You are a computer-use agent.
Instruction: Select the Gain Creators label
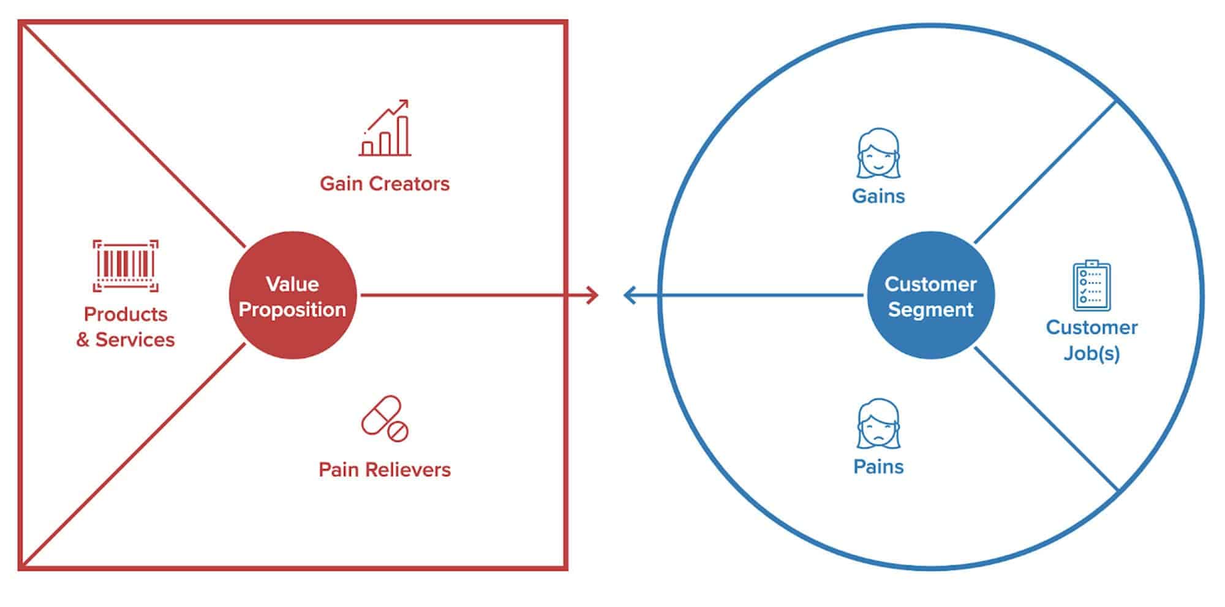(385, 183)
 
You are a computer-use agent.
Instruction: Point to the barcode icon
(126, 265)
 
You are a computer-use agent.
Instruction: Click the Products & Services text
(126, 327)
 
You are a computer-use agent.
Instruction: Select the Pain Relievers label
(385, 470)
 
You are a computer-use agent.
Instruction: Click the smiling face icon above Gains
(878, 153)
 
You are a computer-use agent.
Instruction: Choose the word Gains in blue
(878, 196)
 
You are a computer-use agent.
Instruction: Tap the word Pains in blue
(878, 467)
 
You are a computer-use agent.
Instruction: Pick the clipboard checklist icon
(1091, 286)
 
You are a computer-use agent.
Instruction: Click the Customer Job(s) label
(1091, 340)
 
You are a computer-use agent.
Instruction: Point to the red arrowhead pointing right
(592, 295)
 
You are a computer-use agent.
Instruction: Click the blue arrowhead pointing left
(630, 295)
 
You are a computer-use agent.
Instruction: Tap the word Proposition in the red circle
(293, 310)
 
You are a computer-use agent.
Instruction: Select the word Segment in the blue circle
(931, 310)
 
